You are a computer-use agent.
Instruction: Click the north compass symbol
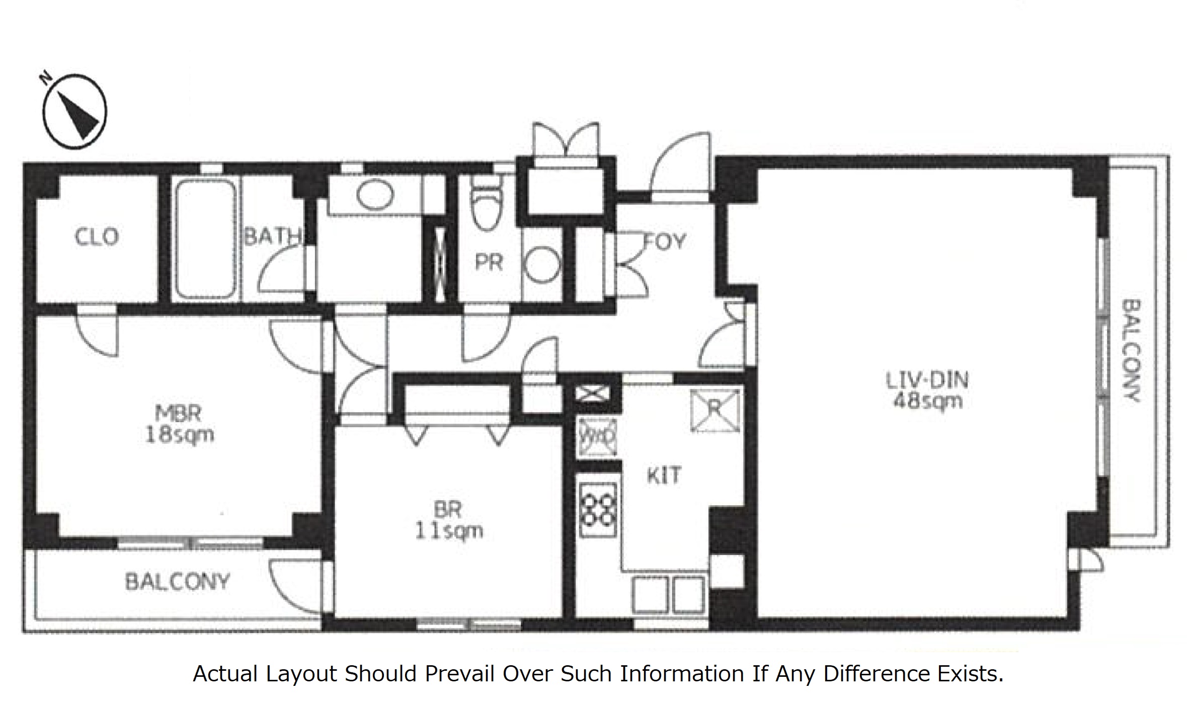coord(74,112)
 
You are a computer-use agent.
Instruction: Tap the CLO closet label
coord(97,237)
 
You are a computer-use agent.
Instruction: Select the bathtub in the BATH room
coord(205,239)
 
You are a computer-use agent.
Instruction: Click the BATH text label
coord(272,236)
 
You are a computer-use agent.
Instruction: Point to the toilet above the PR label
coord(487,206)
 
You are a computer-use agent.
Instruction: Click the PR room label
coord(489,262)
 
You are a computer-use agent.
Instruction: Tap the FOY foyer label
coord(665,242)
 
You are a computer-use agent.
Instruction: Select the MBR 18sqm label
coord(179,424)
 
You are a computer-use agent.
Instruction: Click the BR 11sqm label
coord(448,520)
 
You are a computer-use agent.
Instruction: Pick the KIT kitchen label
coord(664,476)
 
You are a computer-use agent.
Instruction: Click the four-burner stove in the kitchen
coord(598,509)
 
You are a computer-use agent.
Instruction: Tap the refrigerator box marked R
coord(715,411)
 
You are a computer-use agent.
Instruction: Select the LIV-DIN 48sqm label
coord(927,390)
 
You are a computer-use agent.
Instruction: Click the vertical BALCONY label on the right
coord(1131,351)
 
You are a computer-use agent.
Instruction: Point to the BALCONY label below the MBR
coord(177,582)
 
